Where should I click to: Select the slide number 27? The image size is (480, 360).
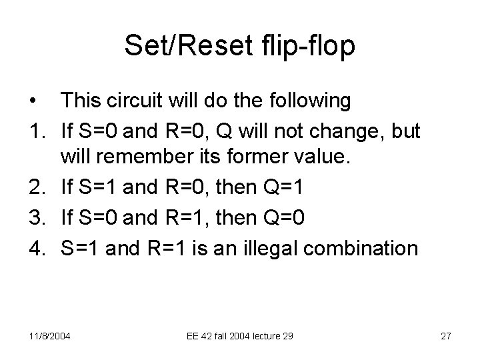(446, 335)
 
